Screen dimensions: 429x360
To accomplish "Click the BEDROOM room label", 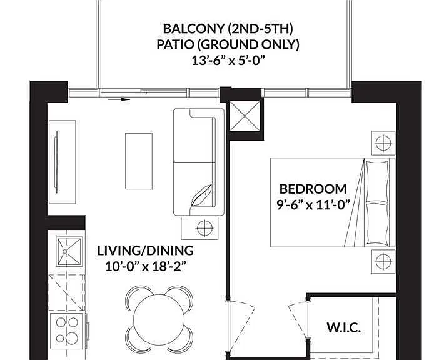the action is coord(313,189).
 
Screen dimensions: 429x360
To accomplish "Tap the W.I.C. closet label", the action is coord(344,327).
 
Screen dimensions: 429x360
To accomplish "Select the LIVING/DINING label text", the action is coord(146,251).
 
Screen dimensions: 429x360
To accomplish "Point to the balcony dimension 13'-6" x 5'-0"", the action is coord(228,61).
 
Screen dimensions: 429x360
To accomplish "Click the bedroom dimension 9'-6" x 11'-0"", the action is coord(313,205).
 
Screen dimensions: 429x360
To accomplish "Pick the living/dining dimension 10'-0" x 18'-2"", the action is coord(146,266).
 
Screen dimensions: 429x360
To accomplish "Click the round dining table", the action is coord(159,319).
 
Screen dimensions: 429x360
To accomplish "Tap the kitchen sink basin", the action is coord(69,252).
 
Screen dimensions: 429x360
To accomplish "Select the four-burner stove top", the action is coord(66,331).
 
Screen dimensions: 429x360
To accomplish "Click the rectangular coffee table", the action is coord(139,161).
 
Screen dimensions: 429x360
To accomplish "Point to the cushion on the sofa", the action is coord(201,195).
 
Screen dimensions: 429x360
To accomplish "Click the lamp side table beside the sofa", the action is coord(199,228).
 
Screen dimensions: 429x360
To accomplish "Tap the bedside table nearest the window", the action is coord(383,143).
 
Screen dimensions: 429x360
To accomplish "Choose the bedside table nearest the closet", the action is coord(383,261).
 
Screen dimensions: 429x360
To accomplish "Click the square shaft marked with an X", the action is coord(245,116).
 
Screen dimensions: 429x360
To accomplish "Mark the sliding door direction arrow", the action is coord(119,99).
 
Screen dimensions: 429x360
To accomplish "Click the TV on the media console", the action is coord(56,162).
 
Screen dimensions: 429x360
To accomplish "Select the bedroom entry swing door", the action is coord(241,325).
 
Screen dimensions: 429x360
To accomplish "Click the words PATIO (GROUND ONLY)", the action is coord(228,44).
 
